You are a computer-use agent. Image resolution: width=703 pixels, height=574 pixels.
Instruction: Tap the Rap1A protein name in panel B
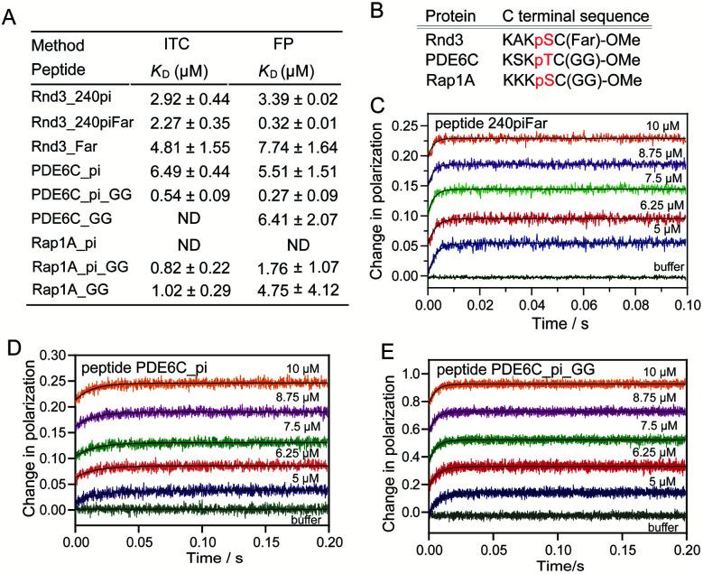tap(445, 78)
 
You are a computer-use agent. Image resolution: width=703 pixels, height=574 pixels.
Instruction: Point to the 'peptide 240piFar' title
tap(499, 120)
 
